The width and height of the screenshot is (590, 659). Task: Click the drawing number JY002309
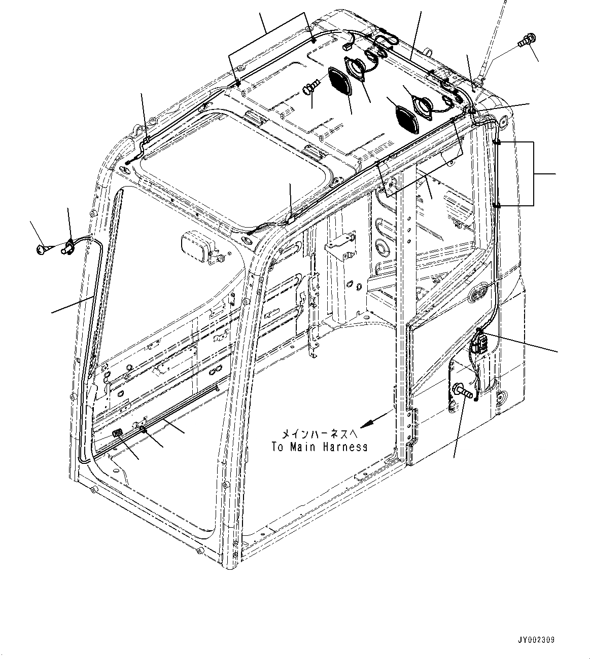click(536, 640)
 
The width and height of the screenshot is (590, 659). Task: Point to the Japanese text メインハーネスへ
click(320, 434)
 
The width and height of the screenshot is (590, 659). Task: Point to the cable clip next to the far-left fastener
click(68, 246)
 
